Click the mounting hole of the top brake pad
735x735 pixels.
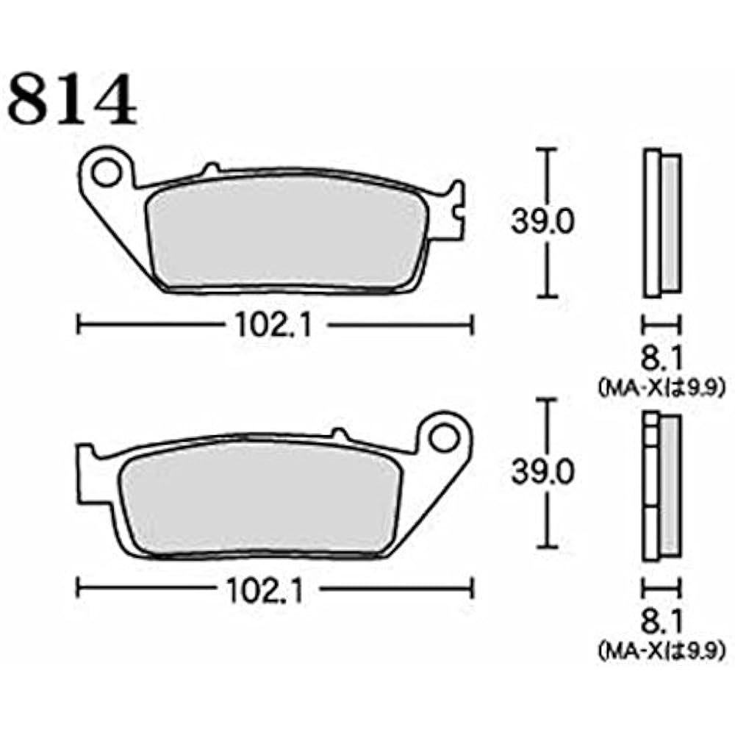point(107,172)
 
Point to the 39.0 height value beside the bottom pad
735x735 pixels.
point(542,473)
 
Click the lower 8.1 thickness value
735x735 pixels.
point(660,623)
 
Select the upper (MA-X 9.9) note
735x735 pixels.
point(659,386)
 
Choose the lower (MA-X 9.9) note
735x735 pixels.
point(659,650)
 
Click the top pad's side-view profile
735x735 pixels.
point(661,224)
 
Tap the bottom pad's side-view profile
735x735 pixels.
point(661,485)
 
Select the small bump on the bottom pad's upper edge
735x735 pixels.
point(339,434)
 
